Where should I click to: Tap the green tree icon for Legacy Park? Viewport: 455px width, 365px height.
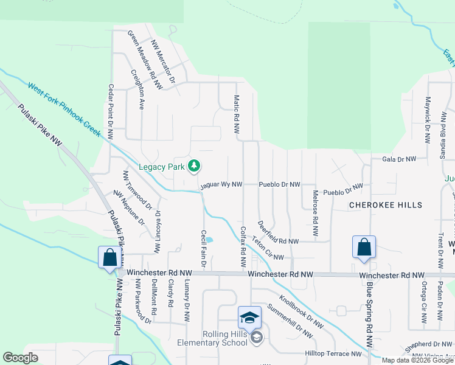[x=194, y=165]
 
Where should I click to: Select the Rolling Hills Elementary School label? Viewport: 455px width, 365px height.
[x=211, y=338]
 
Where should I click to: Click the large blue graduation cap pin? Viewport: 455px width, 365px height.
[x=249, y=318]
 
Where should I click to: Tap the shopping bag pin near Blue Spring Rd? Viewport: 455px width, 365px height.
[x=364, y=248]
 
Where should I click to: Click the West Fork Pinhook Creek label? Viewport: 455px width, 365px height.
[x=64, y=109]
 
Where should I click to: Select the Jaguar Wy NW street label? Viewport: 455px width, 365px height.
[x=221, y=184]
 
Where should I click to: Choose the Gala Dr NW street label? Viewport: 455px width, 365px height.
[x=399, y=159]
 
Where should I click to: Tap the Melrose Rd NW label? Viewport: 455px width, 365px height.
[x=315, y=214]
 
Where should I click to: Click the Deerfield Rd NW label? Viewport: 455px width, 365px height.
[x=277, y=234]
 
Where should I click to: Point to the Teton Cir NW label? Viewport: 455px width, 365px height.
[x=268, y=248]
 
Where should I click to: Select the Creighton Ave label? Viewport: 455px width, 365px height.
[x=137, y=89]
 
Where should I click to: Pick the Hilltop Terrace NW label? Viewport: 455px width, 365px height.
[x=333, y=353]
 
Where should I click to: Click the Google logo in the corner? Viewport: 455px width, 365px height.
[x=20, y=358]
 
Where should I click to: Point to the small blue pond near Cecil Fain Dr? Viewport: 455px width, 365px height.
[x=209, y=240]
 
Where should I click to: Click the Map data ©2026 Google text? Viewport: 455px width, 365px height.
[x=417, y=360]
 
